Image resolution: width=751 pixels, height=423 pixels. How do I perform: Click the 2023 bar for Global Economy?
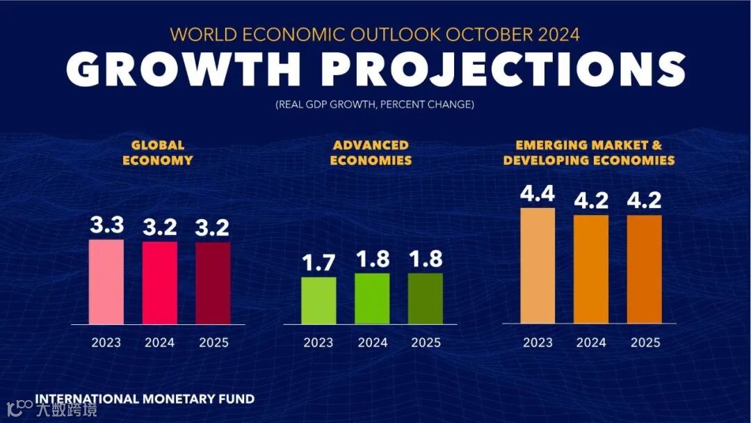106,282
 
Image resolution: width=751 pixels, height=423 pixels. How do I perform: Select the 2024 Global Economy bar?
160,282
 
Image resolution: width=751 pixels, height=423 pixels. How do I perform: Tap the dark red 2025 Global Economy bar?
213,283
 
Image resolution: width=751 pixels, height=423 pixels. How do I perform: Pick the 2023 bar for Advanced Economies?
318,301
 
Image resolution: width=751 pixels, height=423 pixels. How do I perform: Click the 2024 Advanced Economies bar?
372,298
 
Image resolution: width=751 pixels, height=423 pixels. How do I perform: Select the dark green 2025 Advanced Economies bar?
426,298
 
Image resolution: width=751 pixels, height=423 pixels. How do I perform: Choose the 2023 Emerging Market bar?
538,266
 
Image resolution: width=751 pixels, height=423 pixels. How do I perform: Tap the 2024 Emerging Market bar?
591,269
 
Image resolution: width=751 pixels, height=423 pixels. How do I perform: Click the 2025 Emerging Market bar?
645,269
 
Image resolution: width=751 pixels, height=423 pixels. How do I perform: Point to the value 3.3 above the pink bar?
106,225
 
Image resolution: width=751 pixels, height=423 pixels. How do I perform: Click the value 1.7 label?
318,263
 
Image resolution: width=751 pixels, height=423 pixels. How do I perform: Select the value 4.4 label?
538,194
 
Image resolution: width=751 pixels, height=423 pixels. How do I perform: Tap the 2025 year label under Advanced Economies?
426,342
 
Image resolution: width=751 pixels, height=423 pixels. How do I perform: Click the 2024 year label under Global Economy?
160,342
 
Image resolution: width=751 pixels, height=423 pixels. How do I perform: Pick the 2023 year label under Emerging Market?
538,342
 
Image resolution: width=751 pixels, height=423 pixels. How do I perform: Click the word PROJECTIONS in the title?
504,70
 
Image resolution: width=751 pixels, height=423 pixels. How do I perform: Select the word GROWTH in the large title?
184,70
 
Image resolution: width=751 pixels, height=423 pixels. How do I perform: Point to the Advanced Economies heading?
371,152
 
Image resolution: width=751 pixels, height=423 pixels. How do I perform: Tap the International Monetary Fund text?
145,399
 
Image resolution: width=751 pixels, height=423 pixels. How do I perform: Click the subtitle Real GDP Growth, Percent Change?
375,104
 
